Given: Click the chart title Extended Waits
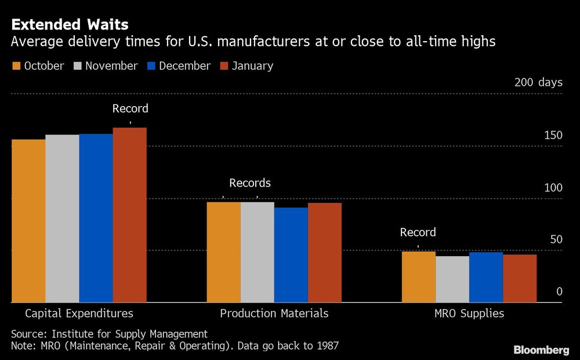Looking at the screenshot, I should (70, 25).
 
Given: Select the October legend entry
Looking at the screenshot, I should (38, 66).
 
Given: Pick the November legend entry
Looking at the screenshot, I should (106, 66).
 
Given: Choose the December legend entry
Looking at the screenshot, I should (179, 66).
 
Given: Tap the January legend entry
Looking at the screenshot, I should (247, 66).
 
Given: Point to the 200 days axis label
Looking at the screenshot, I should (538, 82).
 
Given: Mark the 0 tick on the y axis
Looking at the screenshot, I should (559, 292).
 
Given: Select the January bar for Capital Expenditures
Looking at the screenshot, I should (129, 214).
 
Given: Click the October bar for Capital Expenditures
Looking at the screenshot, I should (28, 220).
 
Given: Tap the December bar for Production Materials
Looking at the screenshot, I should (291, 255).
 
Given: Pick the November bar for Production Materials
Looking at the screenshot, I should (258, 252).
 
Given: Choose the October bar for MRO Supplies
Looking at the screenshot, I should (419, 277).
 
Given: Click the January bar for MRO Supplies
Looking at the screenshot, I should (520, 278).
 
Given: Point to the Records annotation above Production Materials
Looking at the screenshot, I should (250, 183).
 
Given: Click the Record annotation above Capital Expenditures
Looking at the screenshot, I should (130, 108).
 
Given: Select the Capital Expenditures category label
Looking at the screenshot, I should (79, 314).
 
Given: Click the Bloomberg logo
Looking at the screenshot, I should (541, 350).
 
